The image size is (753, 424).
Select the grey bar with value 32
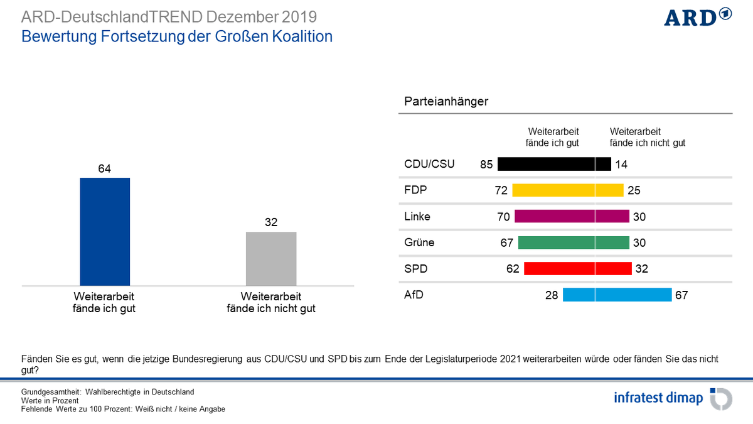click(x=271, y=258)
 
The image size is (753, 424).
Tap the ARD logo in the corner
click(x=698, y=17)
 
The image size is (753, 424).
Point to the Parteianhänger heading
click(x=446, y=101)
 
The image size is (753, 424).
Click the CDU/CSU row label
click(x=429, y=165)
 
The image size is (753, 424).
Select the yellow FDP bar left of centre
click(x=553, y=190)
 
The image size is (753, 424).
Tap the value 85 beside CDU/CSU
click(x=486, y=165)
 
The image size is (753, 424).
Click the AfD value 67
click(x=681, y=295)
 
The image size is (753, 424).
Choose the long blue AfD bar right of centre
click(x=633, y=295)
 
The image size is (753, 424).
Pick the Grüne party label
click(x=419, y=242)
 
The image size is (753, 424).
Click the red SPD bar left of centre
click(x=558, y=268)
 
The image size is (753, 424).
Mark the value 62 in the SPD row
click(x=513, y=269)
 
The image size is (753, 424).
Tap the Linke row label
click(x=417, y=216)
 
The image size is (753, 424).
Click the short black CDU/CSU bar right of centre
click(x=603, y=165)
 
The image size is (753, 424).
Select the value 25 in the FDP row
click(x=634, y=190)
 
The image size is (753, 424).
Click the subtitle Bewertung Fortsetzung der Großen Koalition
click(x=177, y=36)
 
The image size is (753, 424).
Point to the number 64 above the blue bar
click(x=105, y=168)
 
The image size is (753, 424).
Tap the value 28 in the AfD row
click(x=552, y=295)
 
